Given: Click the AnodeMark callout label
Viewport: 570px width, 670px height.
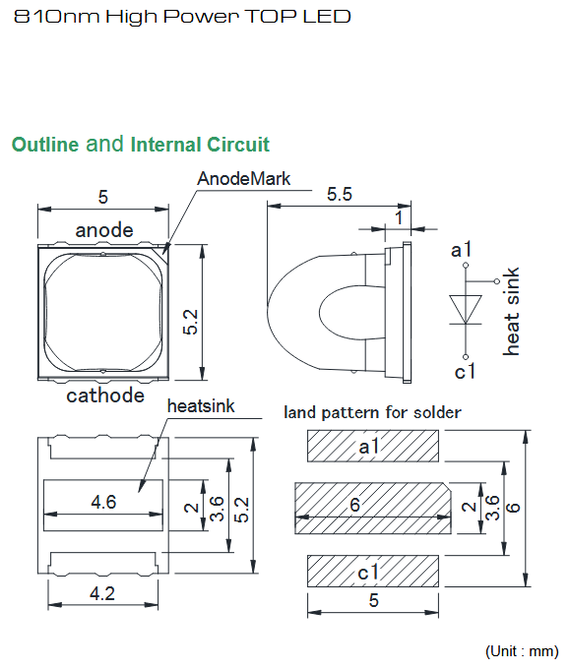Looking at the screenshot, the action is coord(243,179).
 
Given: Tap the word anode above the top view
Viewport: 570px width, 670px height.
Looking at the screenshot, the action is coord(104,230).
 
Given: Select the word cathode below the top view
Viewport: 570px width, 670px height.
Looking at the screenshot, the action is coord(105,396).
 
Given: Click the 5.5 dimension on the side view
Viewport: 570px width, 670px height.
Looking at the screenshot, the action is coord(340,195).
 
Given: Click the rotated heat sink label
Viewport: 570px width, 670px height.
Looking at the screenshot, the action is coord(511,312).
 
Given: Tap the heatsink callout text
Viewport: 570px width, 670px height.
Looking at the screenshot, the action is coord(201,406).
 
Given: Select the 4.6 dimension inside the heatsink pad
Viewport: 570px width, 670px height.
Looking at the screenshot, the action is coord(103,502).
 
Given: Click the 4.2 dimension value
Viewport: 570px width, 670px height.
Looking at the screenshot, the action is coord(102,593).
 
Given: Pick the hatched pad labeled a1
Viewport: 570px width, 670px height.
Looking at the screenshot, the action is coord(373,446).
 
